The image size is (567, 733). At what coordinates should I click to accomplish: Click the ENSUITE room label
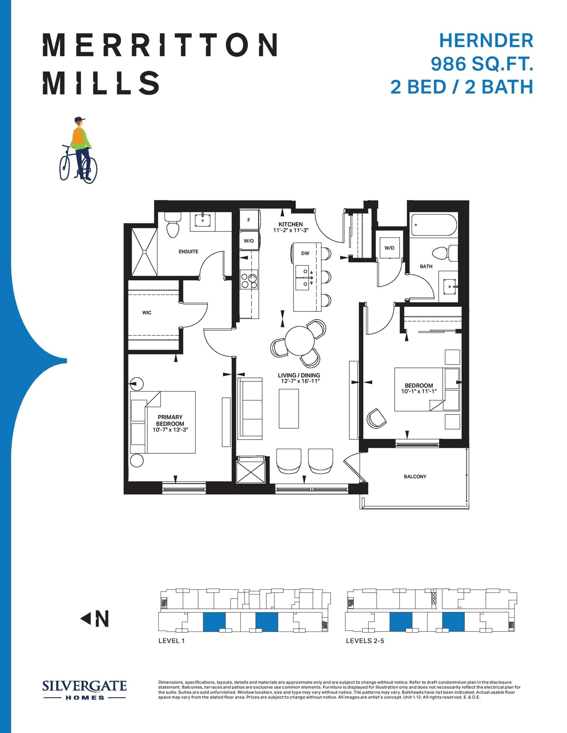(188, 251)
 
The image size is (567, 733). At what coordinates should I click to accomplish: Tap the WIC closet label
(147, 312)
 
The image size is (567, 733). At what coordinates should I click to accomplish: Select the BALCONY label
(415, 476)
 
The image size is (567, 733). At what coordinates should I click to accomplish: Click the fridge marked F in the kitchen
(249, 220)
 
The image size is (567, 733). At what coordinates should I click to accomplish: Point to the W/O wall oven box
(249, 240)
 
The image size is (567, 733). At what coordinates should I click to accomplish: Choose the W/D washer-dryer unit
(390, 248)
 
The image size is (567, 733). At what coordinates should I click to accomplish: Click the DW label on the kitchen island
(305, 253)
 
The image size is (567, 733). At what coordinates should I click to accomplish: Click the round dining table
(300, 341)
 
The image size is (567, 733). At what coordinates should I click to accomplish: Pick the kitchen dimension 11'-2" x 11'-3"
(291, 230)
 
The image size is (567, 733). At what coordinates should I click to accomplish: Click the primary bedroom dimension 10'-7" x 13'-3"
(170, 430)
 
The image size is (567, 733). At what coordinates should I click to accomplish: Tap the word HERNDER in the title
(486, 41)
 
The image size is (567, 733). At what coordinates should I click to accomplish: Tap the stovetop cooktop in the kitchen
(249, 280)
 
